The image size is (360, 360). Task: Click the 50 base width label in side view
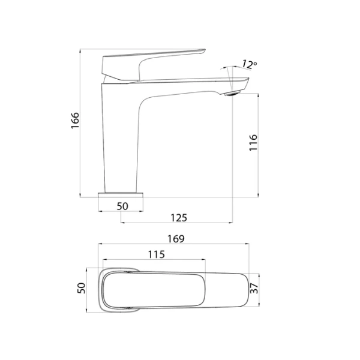pos(122,206)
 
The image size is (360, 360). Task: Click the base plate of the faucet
pos(122,195)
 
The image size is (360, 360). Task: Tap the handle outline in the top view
pos(153,290)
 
